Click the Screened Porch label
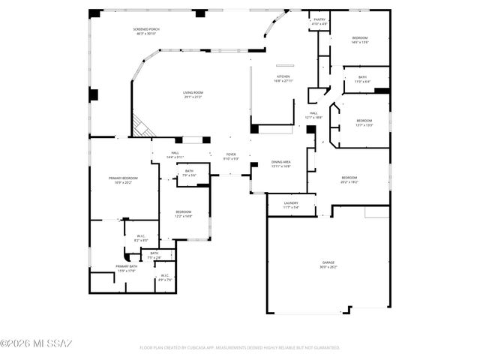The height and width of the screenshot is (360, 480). (148, 31)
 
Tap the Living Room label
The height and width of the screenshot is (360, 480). (193, 94)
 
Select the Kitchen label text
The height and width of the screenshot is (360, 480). (283, 78)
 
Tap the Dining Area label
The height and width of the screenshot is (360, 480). (280, 163)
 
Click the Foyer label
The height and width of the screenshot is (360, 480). (231, 156)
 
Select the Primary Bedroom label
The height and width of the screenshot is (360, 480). (121, 180)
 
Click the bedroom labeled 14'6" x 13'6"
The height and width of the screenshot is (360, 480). (361, 40)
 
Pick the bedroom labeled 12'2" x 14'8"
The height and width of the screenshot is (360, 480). (184, 214)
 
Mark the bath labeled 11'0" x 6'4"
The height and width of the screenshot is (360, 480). (362, 79)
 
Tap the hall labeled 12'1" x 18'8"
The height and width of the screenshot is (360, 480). (313, 115)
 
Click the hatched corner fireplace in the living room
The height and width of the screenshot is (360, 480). (143, 125)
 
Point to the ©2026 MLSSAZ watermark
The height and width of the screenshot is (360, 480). (36, 343)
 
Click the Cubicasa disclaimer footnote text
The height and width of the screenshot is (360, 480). (240, 348)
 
